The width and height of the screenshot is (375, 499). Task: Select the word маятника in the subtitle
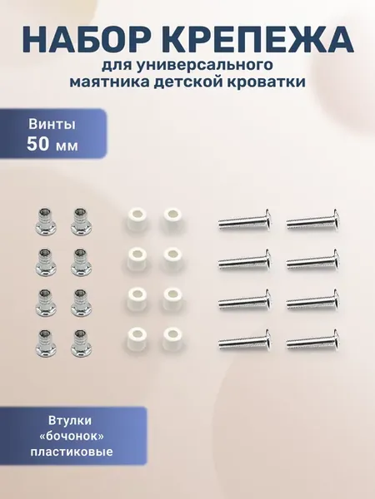pyautogui.click(x=107, y=82)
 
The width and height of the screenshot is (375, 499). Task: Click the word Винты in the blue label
pyautogui.click(x=52, y=124)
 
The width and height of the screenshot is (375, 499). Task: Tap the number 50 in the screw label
pyautogui.click(x=38, y=144)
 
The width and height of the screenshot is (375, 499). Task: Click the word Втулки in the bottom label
pyautogui.click(x=70, y=420)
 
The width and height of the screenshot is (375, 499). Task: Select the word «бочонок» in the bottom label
pyautogui.click(x=72, y=436)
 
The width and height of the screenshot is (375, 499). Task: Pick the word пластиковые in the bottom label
pyautogui.click(x=72, y=452)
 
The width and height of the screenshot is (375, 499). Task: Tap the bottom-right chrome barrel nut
pyautogui.click(x=81, y=343)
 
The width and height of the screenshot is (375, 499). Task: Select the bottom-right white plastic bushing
pyautogui.click(x=172, y=339)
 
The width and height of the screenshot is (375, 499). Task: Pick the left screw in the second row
pyautogui.click(x=245, y=260)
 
